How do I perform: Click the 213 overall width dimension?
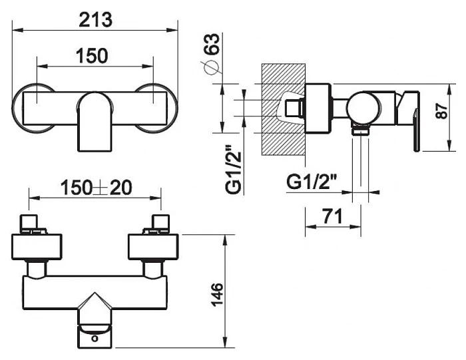(x=96, y=20)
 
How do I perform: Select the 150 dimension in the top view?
(x=92, y=56)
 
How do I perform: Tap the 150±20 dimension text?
(x=96, y=188)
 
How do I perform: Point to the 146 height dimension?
(x=217, y=294)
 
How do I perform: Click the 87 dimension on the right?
(x=442, y=110)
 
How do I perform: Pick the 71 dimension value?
(x=332, y=216)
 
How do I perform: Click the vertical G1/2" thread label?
(x=233, y=169)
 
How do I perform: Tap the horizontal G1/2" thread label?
(x=312, y=182)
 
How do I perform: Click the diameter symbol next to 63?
(x=210, y=67)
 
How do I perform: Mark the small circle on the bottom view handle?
(x=95, y=338)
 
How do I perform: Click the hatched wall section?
(x=283, y=109)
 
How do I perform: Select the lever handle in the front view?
(x=95, y=122)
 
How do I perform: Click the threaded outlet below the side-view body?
(x=361, y=130)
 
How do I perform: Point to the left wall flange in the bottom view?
(x=37, y=247)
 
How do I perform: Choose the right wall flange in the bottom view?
(x=153, y=247)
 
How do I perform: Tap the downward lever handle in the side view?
(x=416, y=130)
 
